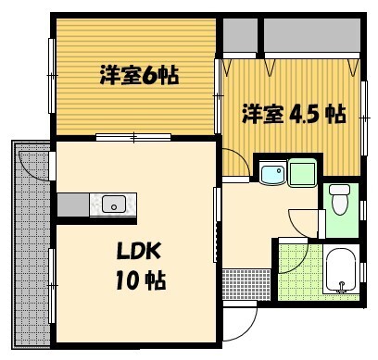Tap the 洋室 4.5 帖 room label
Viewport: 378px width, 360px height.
click(294, 114)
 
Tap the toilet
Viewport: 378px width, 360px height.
click(339, 198)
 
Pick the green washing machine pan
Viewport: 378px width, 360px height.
click(303, 172)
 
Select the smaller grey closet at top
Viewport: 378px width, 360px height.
click(239, 36)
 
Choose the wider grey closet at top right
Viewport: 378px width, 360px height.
click(311, 36)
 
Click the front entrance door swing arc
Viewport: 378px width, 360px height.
click(240, 320)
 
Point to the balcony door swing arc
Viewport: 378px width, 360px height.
click(35, 165)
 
